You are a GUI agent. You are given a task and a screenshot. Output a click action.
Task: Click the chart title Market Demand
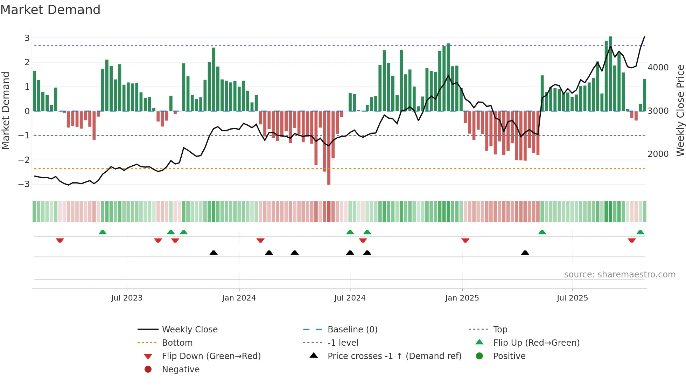50,10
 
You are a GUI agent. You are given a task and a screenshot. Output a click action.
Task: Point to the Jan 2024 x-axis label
239,298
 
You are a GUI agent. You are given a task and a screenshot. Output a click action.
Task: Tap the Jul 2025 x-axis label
572,298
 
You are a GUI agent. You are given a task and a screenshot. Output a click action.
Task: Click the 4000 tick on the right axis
658,67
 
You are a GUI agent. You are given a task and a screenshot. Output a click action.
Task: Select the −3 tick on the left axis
24,184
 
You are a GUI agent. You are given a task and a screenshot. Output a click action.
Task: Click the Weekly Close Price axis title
680,110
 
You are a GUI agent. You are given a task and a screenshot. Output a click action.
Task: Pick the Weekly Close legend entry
189,329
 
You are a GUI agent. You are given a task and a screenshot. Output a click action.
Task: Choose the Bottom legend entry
177,343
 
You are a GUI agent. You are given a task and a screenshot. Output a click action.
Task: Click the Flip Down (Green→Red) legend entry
211,356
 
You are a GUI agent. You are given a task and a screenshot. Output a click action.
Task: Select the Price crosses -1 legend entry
394,356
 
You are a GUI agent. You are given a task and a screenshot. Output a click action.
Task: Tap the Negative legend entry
181,369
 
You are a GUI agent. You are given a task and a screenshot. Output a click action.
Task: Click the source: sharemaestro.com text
619,274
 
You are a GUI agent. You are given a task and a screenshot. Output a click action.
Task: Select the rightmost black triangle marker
525,253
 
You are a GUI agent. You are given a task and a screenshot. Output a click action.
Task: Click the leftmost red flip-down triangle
60,240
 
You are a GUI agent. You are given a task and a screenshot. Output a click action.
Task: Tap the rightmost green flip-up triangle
640,232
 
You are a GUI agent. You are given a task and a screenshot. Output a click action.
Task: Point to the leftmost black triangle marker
213,253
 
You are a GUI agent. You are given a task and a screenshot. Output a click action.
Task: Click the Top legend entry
500,329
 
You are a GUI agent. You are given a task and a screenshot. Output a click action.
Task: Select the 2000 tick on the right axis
658,154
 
